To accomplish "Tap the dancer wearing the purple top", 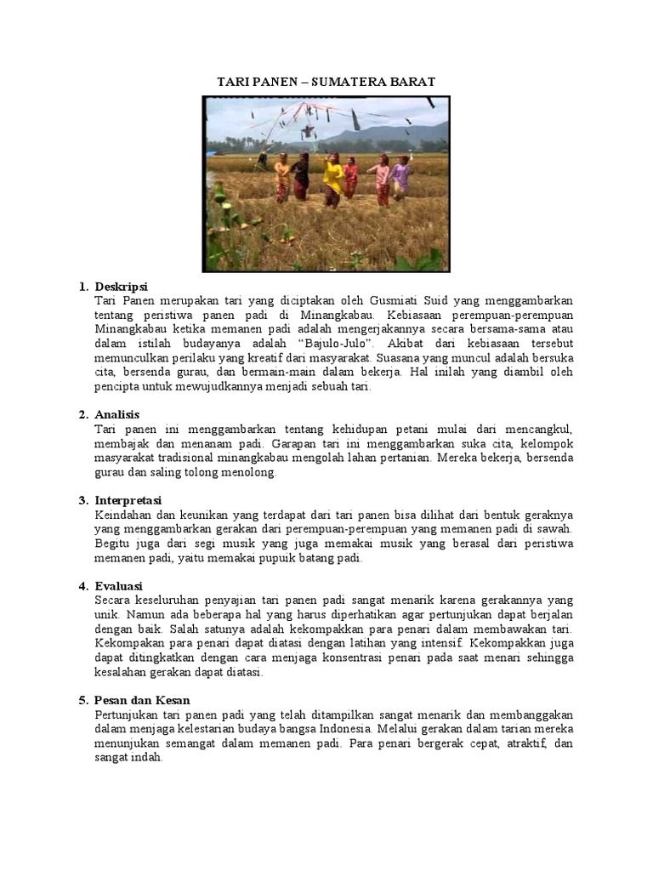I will [x=400, y=178].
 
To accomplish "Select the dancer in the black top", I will [x=301, y=176].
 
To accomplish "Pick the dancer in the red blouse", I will [x=350, y=179].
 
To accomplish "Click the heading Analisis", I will [x=117, y=414].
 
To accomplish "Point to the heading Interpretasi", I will [x=128, y=500].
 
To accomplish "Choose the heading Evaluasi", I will [x=119, y=586].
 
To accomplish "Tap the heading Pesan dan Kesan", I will [x=143, y=700].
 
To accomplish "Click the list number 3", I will [x=83, y=500].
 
